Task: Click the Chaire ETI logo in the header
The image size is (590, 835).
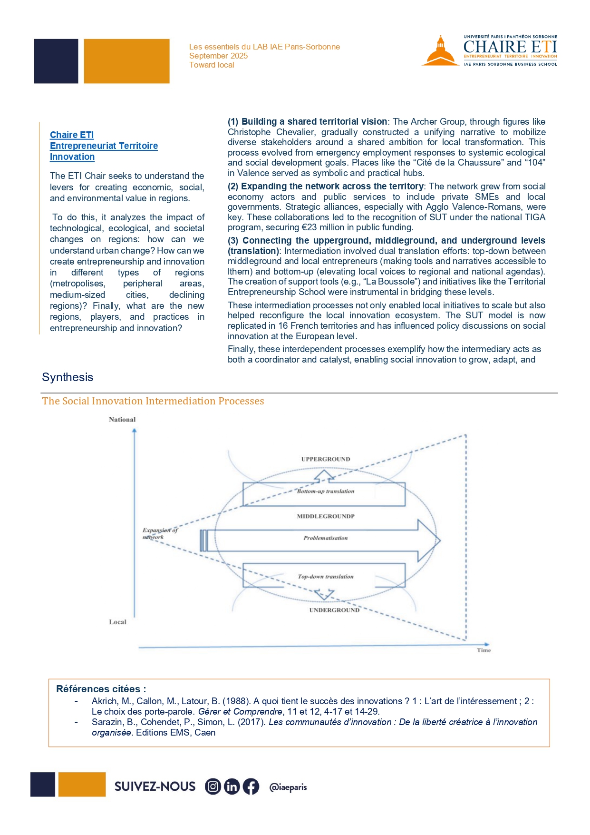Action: tap(489, 50)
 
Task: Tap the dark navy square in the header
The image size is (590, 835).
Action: tap(56, 61)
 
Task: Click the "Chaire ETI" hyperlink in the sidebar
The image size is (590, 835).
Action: tap(72, 135)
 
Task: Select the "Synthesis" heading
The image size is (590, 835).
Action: tap(68, 377)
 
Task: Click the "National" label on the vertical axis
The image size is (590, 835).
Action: tap(122, 420)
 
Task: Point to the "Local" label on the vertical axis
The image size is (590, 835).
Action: tap(117, 622)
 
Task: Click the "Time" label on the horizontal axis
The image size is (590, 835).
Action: tap(484, 650)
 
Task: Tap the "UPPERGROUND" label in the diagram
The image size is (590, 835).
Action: tap(326, 459)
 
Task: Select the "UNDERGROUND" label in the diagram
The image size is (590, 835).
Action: tap(334, 610)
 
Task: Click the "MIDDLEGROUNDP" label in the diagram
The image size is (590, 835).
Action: tap(326, 516)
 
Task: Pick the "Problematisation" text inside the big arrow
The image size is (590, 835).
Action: tap(326, 538)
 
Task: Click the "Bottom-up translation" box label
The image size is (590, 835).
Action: tap(326, 491)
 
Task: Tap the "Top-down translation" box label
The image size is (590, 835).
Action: tap(326, 577)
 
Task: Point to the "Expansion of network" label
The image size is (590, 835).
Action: tap(159, 533)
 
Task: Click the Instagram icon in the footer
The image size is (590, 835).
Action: tap(213, 786)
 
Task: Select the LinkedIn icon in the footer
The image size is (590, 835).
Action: tap(232, 786)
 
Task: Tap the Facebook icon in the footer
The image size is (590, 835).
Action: tap(251, 786)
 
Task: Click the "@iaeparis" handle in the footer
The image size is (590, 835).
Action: tap(288, 787)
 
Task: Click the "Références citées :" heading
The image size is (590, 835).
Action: tap(101, 689)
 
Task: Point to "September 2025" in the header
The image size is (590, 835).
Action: tap(218, 56)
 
